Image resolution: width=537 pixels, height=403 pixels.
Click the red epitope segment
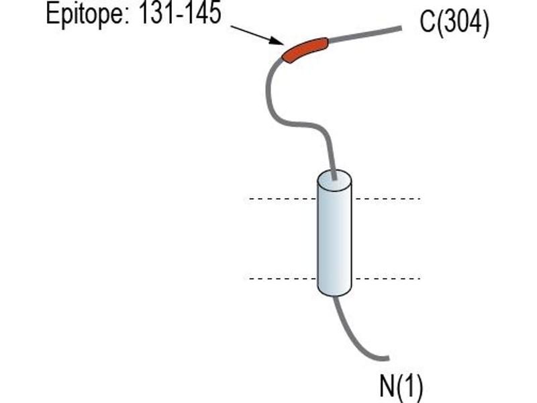point(304,49)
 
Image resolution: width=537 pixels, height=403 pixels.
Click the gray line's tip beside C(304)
point(401,28)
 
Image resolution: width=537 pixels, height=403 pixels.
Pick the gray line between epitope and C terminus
point(364,35)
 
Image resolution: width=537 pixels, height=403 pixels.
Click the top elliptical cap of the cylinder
point(334,179)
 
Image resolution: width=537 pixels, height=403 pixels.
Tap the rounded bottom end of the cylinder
point(334,291)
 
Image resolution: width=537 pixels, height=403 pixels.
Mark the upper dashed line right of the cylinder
point(387,199)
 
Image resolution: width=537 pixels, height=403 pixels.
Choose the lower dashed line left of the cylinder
point(283,279)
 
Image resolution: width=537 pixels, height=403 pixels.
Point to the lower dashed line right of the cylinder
point(387,279)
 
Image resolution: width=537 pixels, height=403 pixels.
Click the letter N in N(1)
point(387,386)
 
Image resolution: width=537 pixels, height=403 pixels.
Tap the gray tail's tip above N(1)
point(389,359)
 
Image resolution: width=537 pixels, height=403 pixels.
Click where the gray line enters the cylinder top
point(334,177)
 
